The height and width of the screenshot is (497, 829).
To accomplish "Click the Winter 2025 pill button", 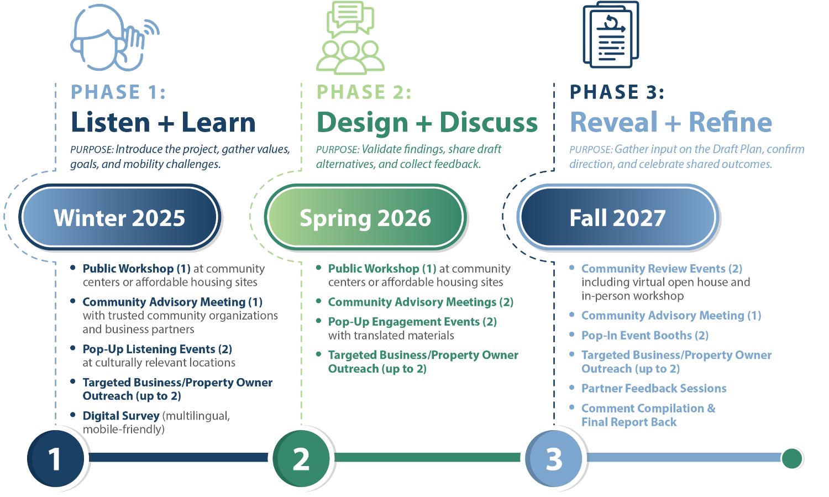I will [120, 218].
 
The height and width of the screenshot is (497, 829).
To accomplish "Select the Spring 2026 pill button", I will [365, 218].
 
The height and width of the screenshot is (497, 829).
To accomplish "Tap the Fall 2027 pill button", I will [617, 218].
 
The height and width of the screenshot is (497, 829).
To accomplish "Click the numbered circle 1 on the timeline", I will [55, 458].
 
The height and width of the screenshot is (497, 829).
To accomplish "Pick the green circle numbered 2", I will [301, 458].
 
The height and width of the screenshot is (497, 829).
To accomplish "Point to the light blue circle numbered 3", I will [554, 458].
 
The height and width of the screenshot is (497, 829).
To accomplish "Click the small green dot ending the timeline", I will [791, 458].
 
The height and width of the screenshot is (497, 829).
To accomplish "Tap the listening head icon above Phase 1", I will [113, 38].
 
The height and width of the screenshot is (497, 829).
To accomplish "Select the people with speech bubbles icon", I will [350, 38].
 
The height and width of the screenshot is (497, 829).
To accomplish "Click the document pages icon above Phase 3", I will [611, 34].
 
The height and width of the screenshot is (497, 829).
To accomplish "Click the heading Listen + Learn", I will [163, 122].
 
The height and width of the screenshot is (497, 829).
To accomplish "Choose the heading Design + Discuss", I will [427, 122].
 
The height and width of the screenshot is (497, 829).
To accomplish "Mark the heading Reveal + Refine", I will [670, 122].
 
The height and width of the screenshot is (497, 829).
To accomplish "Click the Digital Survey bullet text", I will [121, 416].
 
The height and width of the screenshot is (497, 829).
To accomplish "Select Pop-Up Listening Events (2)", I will [157, 349].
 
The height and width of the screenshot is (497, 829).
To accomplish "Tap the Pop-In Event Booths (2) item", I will [644, 336].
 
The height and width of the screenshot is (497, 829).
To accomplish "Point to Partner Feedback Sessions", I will [653, 389].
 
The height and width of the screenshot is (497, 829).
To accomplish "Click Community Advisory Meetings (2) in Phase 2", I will [421, 302].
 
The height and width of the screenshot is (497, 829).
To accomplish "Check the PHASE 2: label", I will [364, 92].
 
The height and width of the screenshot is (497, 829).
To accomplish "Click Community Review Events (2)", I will [662, 269].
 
